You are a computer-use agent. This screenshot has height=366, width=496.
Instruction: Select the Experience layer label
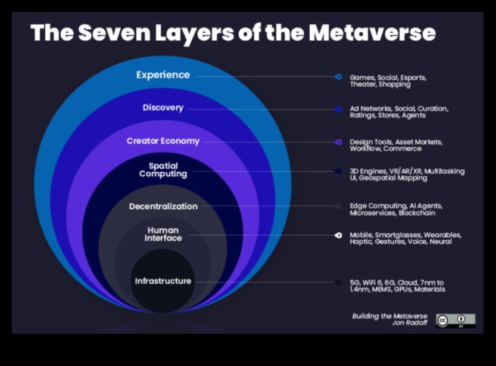tap(163, 75)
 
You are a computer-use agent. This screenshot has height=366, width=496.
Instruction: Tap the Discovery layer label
tap(163, 108)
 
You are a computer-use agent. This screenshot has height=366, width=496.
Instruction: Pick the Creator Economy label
tap(163, 141)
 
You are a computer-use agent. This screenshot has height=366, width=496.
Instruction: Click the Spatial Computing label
tap(163, 170)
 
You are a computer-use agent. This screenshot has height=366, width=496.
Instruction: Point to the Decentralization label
tap(163, 206)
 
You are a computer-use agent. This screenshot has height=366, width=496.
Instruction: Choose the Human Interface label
tap(163, 234)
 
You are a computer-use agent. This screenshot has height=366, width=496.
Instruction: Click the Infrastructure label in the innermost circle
tap(163, 281)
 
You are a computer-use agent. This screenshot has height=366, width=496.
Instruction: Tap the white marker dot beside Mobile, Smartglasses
tap(338, 235)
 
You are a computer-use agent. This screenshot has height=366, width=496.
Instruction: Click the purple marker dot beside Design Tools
tap(338, 142)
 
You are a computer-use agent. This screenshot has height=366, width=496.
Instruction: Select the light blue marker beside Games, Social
tap(338, 77)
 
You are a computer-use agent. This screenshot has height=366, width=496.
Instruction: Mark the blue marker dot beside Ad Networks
tap(338, 109)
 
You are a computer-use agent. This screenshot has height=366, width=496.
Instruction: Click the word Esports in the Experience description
tap(413, 77)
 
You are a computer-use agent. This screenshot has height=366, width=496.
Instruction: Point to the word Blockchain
tap(417, 213)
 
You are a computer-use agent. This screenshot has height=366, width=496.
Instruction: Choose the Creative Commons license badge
tap(455, 320)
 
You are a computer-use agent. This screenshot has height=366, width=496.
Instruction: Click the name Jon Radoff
tap(410, 323)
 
